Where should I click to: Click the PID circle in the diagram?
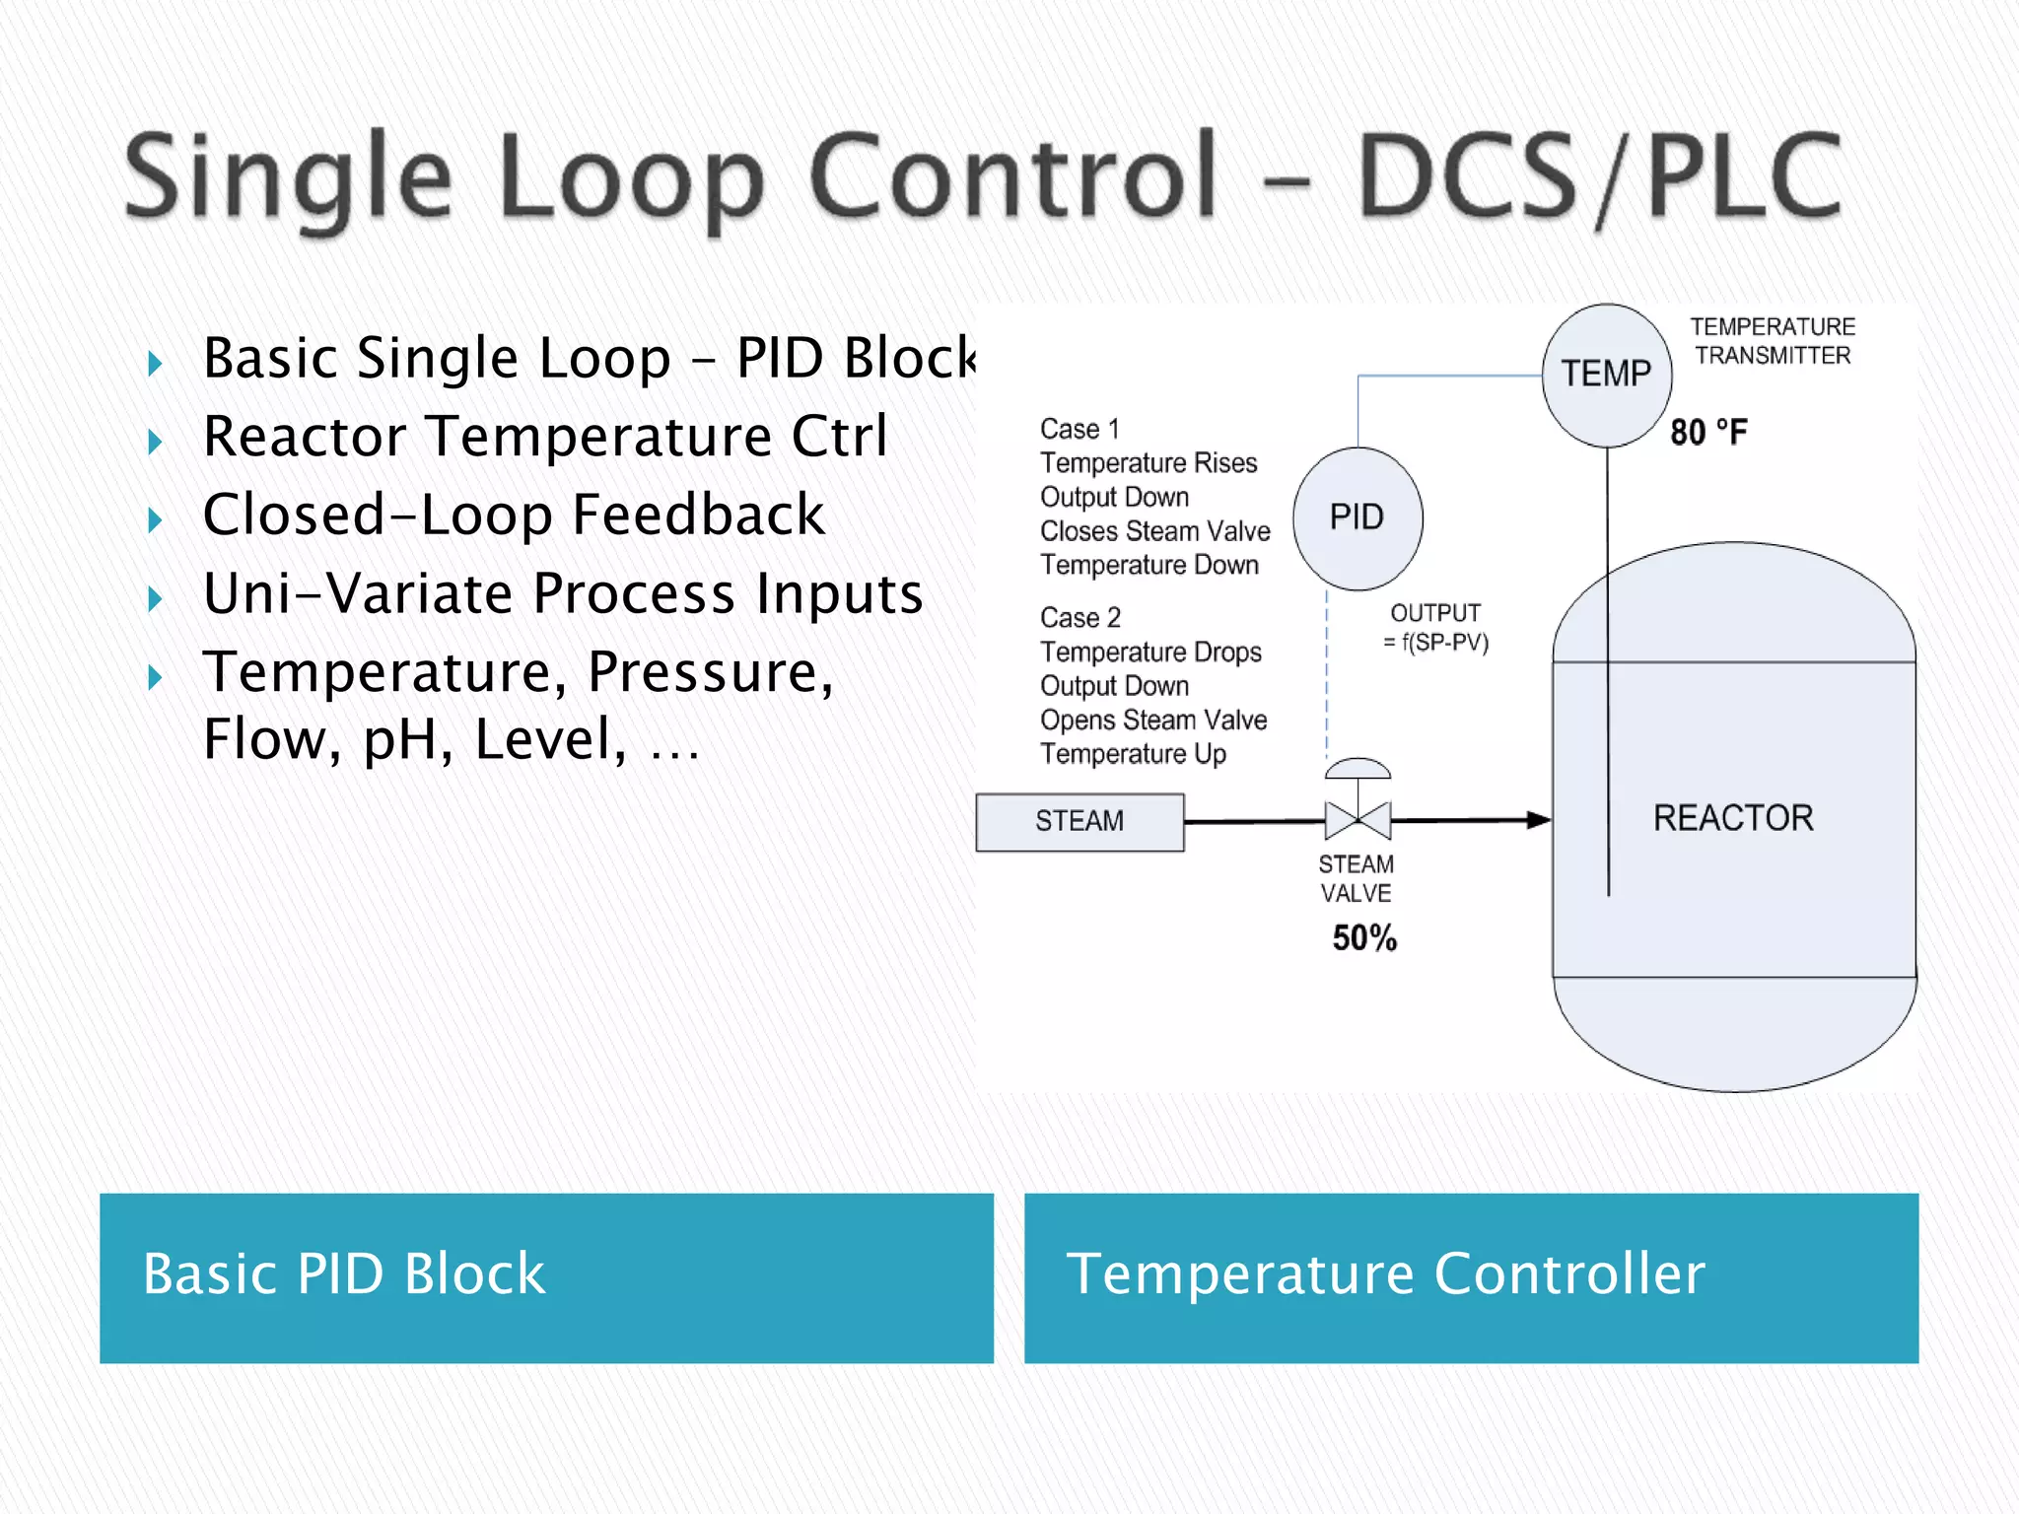[1357, 518]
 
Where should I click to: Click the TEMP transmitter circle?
[1606, 375]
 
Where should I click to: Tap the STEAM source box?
[1079, 821]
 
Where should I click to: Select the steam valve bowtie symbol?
[1358, 819]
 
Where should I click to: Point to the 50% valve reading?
[1363, 937]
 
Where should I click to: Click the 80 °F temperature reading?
[1707, 433]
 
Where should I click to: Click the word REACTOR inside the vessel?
[1732, 818]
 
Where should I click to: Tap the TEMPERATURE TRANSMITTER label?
[1772, 341]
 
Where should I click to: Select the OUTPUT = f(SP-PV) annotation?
[1434, 628]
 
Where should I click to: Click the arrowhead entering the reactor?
[1538, 819]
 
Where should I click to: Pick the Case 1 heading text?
[1079, 430]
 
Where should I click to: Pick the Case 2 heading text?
[1079, 618]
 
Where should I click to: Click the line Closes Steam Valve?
[1154, 531]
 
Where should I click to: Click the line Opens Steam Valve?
[1152, 721]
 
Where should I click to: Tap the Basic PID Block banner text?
[343, 1273]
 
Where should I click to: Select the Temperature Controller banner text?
[1385, 1273]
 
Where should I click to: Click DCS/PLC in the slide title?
[1598, 177]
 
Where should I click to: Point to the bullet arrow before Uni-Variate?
[155, 598]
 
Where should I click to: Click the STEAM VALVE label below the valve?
[1357, 878]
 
